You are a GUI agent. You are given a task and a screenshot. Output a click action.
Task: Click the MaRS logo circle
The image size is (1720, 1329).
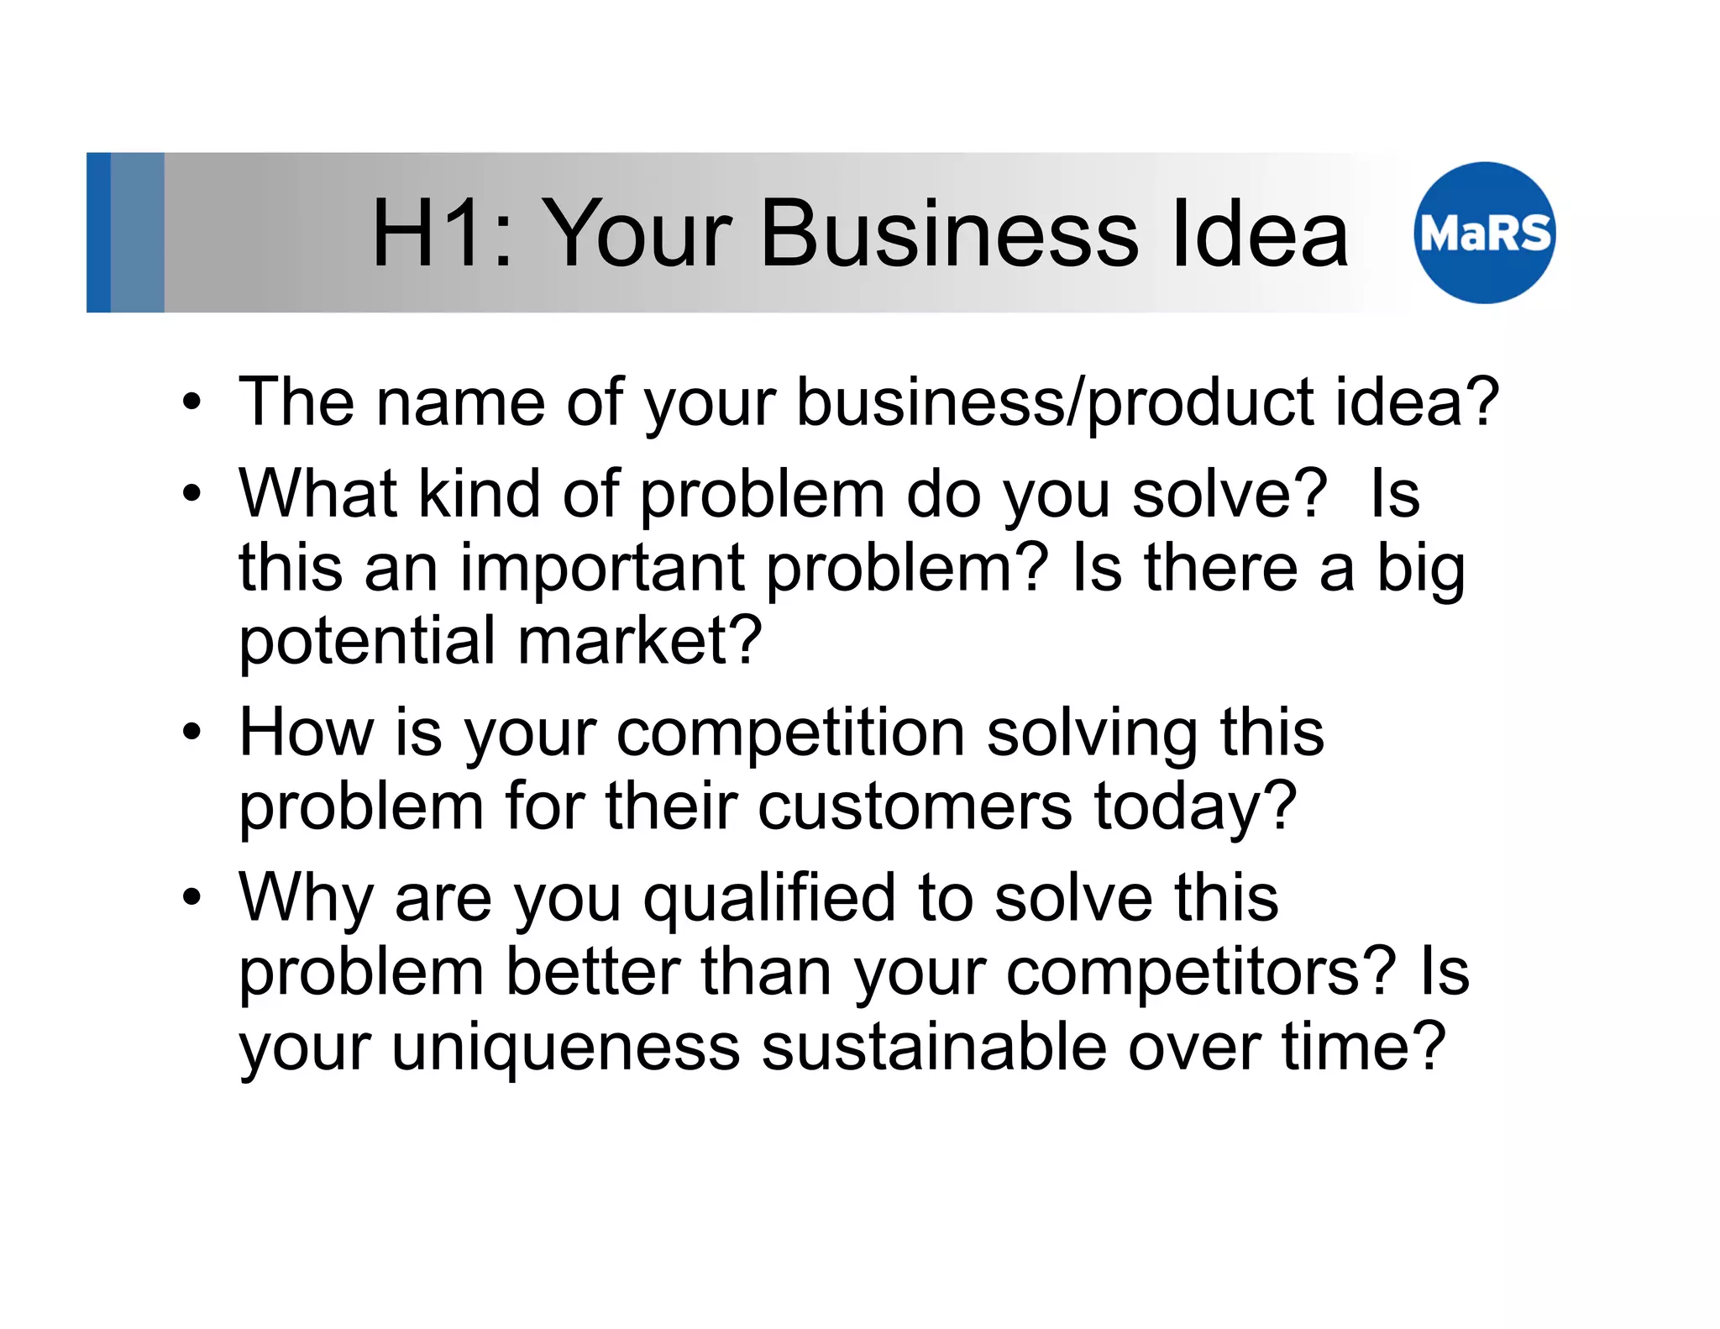click(1484, 233)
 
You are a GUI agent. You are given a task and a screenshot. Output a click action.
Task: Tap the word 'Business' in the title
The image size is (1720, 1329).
click(949, 233)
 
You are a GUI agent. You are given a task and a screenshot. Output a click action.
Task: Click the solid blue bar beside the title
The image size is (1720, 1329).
click(98, 233)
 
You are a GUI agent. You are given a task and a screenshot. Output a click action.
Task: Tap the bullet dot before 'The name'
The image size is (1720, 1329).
click(192, 403)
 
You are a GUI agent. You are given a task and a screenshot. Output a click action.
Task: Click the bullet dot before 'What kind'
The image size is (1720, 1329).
click(192, 494)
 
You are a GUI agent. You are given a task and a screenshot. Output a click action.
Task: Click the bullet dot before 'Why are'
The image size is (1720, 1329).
click(192, 897)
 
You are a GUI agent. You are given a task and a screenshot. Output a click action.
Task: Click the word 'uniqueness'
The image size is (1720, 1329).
click(565, 1048)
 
